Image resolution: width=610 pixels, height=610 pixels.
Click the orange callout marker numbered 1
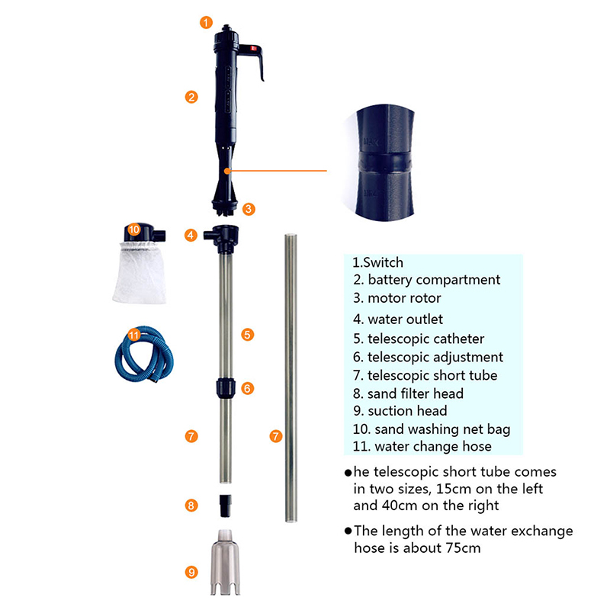point(206,22)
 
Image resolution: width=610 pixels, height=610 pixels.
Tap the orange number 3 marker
point(249,209)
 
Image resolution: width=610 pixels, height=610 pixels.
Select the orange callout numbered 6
point(247,388)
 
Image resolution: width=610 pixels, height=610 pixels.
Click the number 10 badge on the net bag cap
point(133,230)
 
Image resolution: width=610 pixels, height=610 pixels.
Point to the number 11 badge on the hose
point(134,335)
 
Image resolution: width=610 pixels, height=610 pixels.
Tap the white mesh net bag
point(140,272)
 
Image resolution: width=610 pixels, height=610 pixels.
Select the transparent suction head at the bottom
point(225,562)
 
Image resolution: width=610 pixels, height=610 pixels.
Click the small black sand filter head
point(225,506)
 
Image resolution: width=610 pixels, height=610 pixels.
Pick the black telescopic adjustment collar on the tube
point(226,388)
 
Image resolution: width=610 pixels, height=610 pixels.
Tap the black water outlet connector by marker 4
point(222,239)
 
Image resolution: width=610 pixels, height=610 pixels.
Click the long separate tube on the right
point(291,377)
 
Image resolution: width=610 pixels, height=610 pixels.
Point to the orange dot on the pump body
point(227,171)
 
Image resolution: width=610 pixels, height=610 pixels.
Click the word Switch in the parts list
point(384,262)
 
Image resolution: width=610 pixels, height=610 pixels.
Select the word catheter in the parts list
point(459,339)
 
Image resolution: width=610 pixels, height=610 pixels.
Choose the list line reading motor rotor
point(397,298)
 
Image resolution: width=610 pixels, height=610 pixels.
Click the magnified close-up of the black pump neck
point(385,163)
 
